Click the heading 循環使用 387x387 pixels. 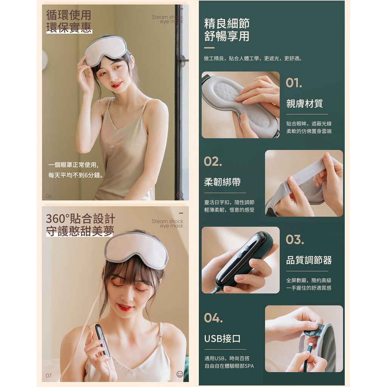coord(69,15)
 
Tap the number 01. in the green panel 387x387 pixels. coord(294,83)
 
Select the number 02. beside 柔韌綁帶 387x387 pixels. coord(213,162)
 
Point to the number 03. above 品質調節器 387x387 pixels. coord(295,240)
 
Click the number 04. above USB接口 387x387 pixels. coord(213,318)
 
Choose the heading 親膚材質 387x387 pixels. coord(305,104)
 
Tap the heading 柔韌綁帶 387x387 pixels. coord(222,182)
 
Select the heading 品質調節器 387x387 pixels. coord(309,260)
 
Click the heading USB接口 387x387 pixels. coord(222,338)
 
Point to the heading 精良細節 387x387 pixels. coord(227,23)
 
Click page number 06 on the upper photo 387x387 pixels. coord(49,196)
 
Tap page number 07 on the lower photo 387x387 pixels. coord(49,376)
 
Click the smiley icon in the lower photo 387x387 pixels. coord(180,374)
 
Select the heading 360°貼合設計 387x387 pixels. coord(80,219)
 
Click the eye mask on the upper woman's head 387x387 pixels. coord(106,51)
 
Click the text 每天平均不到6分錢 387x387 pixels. coord(76,175)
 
